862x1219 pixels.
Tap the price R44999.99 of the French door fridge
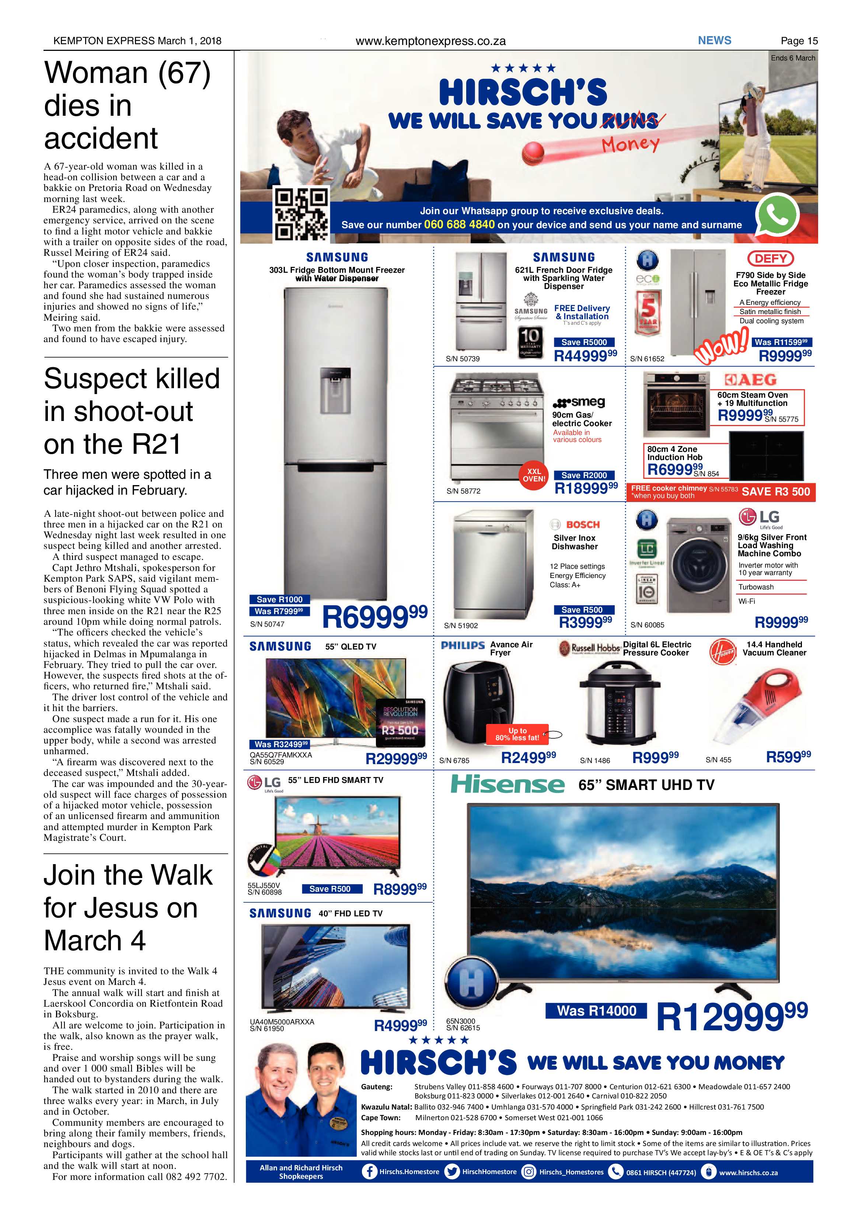click(586, 356)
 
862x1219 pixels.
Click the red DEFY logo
click(771, 258)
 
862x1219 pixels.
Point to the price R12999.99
click(732, 1016)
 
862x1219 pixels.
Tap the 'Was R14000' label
click(597, 1011)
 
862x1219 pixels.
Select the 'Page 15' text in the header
click(799, 41)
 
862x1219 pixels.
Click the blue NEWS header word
click(715, 40)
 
